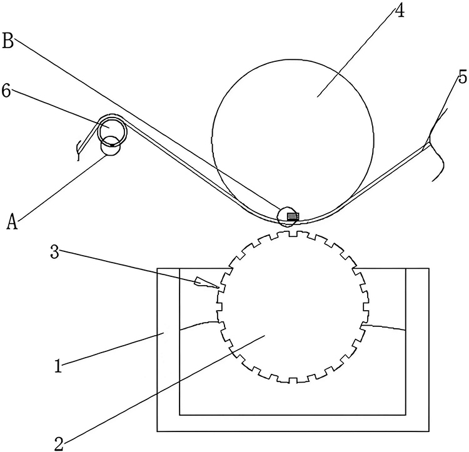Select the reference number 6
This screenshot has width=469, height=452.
click(6, 91)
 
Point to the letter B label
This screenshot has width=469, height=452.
click(8, 42)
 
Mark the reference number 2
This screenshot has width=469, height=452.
click(59, 443)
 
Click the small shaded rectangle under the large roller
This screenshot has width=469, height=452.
click(292, 216)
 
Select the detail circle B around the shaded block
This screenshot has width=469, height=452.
click(288, 216)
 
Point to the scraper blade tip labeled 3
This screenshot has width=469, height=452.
click(218, 287)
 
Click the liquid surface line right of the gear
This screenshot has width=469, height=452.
click(385, 326)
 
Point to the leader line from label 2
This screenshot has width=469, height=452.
click(163, 388)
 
